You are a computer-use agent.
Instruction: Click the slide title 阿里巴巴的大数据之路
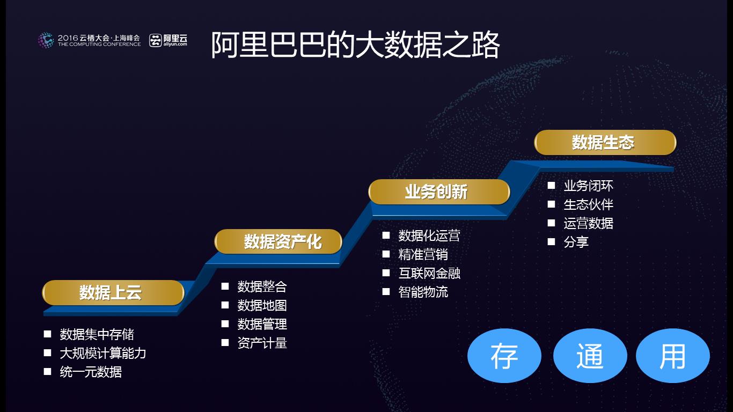click(355, 45)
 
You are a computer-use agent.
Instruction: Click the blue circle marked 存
click(504, 356)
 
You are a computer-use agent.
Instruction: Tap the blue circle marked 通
click(590, 356)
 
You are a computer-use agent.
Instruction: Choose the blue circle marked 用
click(672, 356)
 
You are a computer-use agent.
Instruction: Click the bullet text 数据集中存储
click(97, 335)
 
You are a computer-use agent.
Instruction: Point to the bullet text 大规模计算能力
click(102, 354)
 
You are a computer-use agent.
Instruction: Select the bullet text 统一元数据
click(91, 372)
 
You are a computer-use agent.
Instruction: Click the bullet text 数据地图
click(262, 306)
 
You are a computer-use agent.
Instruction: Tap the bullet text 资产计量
click(262, 343)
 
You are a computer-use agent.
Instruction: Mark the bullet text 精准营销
click(423, 255)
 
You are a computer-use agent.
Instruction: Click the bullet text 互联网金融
click(429, 274)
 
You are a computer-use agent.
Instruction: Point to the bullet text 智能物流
click(423, 292)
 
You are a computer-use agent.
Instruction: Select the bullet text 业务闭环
click(588, 186)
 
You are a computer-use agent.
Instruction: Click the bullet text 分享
click(576, 242)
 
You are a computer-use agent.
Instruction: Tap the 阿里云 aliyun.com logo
click(168, 40)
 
